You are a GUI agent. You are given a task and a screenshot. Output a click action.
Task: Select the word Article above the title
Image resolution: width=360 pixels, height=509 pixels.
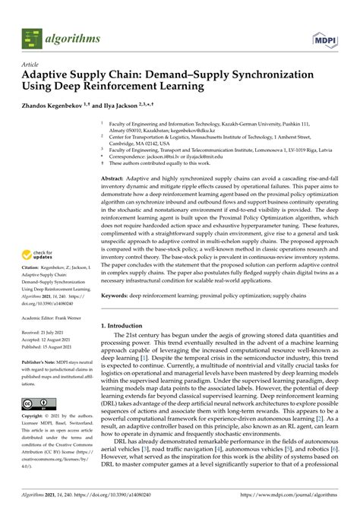[x=33, y=65]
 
